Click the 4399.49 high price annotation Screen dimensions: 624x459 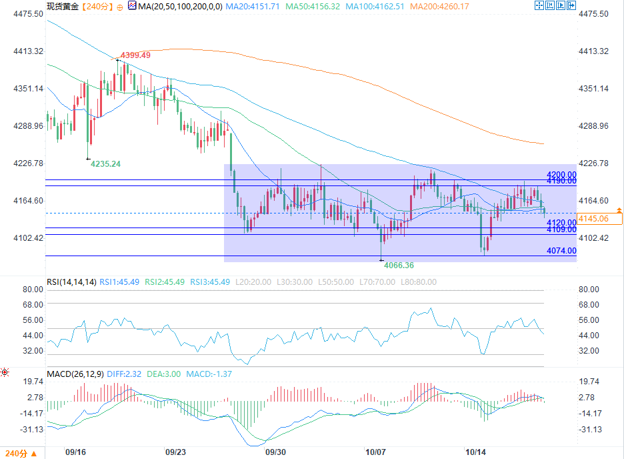(x=135, y=55)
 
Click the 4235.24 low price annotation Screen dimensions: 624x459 (x=105, y=163)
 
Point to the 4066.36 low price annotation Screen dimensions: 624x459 (x=399, y=265)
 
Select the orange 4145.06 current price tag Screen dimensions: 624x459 (x=599, y=219)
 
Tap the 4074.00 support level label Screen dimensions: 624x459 (x=561, y=250)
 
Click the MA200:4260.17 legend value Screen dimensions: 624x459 (x=439, y=7)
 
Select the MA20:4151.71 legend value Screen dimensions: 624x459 (x=252, y=7)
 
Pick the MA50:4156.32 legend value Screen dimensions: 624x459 (x=313, y=7)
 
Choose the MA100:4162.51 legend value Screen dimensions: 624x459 (x=375, y=7)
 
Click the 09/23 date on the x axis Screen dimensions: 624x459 (x=175, y=452)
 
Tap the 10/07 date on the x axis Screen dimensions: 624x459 (x=375, y=452)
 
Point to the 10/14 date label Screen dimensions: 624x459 (x=475, y=452)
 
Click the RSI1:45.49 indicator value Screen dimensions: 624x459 (x=119, y=282)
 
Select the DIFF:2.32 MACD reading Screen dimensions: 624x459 (x=124, y=374)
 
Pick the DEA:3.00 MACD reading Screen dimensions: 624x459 (x=163, y=374)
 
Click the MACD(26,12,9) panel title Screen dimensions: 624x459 (x=75, y=374)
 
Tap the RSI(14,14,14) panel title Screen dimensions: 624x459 (x=71, y=282)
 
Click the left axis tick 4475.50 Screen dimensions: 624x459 (x=28, y=14)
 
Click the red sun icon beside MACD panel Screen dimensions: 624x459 (x=5, y=373)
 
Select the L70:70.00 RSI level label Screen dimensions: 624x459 (x=377, y=282)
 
